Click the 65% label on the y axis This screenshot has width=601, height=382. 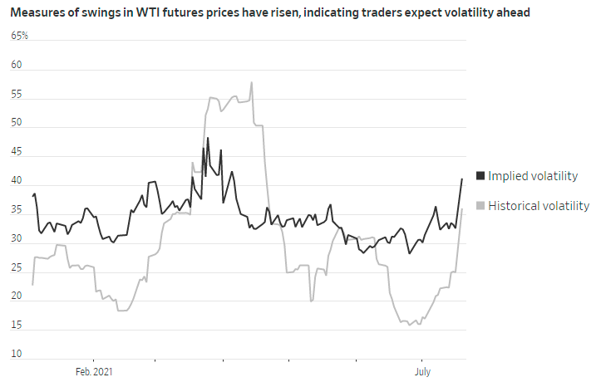pyautogui.click(x=19, y=37)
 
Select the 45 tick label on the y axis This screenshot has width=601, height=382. pyautogui.click(x=17, y=153)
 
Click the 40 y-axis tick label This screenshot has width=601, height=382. pyautogui.click(x=17, y=182)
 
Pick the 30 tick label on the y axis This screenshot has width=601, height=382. pyautogui.click(x=17, y=240)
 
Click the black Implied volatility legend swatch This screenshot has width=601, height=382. pyautogui.click(x=480, y=176)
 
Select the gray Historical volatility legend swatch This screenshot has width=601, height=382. pyautogui.click(x=480, y=206)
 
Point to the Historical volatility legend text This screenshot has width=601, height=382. pyautogui.click(x=539, y=206)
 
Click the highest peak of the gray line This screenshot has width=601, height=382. pyautogui.click(x=251, y=82)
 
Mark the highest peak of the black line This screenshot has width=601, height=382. pyautogui.click(x=208, y=138)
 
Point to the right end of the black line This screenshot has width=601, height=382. pyautogui.click(x=462, y=179)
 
